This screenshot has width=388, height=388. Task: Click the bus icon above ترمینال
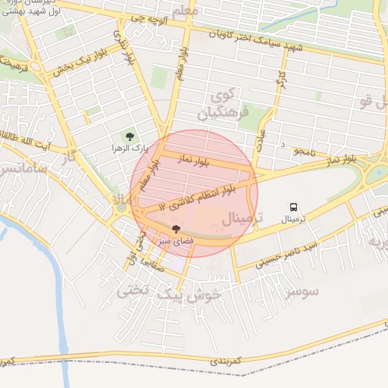(293, 207)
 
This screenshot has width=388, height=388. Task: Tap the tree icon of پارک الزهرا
(130, 136)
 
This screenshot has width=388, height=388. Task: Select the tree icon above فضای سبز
(176, 228)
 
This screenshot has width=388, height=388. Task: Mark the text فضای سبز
(174, 240)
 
